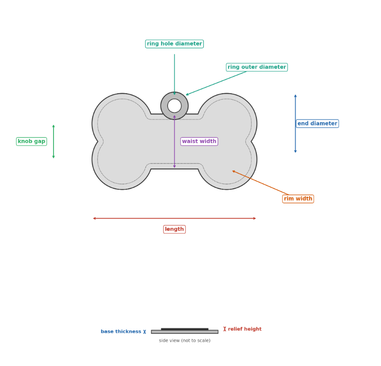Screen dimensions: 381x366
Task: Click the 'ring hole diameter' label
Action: (x=174, y=44)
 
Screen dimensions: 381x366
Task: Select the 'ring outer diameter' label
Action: (x=257, y=67)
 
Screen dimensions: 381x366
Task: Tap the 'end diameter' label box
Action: (x=317, y=124)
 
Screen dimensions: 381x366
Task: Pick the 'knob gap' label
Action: (x=31, y=141)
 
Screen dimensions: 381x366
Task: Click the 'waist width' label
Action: (x=199, y=141)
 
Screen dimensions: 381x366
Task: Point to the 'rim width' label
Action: (x=298, y=199)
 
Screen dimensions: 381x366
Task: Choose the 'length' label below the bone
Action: (x=175, y=229)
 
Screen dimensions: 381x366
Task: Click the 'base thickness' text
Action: (x=121, y=331)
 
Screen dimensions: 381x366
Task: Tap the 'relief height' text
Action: (x=245, y=329)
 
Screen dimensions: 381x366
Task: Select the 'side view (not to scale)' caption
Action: (x=185, y=341)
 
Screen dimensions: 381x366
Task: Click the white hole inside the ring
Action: (x=175, y=106)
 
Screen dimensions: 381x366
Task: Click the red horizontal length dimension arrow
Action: (x=175, y=218)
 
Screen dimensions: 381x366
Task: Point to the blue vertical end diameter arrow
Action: (x=296, y=124)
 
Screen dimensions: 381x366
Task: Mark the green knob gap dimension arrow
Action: (x=54, y=142)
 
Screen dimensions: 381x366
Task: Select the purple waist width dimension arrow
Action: (x=175, y=142)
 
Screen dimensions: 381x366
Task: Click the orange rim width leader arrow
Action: (x=260, y=183)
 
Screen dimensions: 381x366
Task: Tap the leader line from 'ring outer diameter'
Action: (x=216, y=83)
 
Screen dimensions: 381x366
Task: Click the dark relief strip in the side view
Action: (x=185, y=330)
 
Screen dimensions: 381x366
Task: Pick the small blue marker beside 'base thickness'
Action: (x=145, y=332)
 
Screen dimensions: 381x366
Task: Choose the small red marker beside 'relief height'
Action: (x=225, y=329)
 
